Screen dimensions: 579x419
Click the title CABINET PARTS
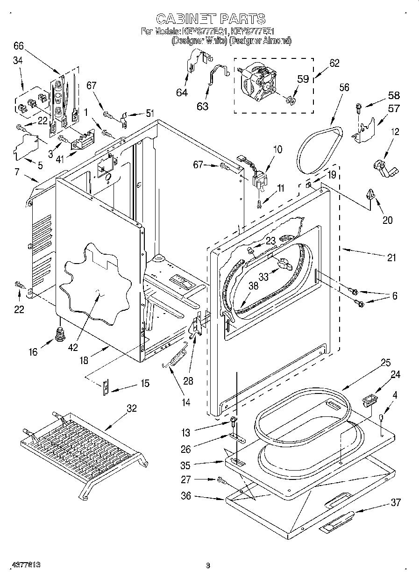[210, 19]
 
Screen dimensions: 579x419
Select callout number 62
[334, 64]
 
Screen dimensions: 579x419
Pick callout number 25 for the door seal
[385, 363]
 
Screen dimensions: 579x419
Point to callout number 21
[391, 257]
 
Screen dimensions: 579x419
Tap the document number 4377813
[21, 565]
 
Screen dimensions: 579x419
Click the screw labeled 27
[220, 479]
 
